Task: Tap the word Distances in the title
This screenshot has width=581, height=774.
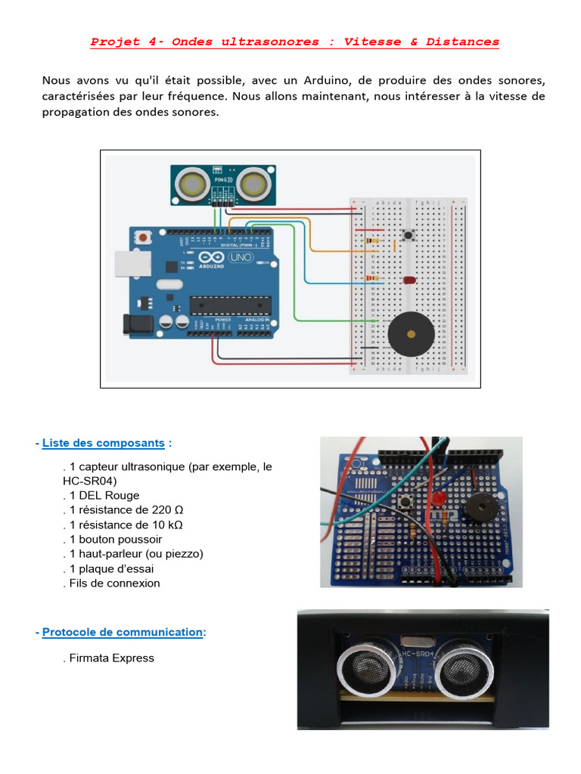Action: point(462,42)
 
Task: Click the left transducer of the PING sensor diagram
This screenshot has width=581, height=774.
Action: point(193,183)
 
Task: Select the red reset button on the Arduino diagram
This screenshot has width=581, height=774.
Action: point(143,237)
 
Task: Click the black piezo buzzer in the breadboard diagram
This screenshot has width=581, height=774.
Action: point(411,333)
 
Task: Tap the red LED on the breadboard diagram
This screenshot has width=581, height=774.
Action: point(409,280)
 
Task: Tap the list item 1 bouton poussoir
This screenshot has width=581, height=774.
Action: point(113,540)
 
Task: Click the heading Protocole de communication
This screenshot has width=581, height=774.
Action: point(123,632)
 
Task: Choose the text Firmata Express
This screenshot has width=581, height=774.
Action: point(110,658)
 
